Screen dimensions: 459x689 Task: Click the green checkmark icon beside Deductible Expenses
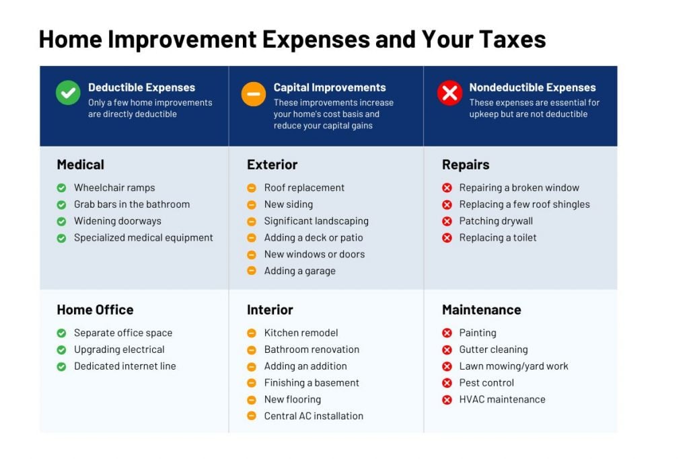coord(68,93)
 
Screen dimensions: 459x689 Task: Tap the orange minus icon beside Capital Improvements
coord(254,93)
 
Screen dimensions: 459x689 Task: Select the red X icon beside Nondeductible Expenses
coord(449,93)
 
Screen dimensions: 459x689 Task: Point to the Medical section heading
coord(80,165)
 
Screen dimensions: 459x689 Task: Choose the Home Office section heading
coord(95,310)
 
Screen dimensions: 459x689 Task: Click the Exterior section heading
coord(272,165)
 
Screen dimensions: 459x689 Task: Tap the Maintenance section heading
coord(481,310)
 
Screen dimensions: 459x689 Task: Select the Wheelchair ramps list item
coord(114,187)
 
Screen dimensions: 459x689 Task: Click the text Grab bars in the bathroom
coord(132,204)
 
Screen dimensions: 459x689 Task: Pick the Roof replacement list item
coord(304,187)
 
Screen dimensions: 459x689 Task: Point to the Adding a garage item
coord(299,271)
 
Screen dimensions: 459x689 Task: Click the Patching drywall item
coord(496,221)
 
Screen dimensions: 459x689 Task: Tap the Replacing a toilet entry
coord(498,237)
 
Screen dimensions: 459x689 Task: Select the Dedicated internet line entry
coord(125,366)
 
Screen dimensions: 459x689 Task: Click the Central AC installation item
coord(314,416)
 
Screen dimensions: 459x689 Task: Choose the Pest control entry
coord(486,383)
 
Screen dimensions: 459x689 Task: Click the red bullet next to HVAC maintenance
coord(447,400)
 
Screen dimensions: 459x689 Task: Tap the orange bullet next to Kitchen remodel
coord(252,333)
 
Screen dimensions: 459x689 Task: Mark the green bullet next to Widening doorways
coord(61,221)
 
